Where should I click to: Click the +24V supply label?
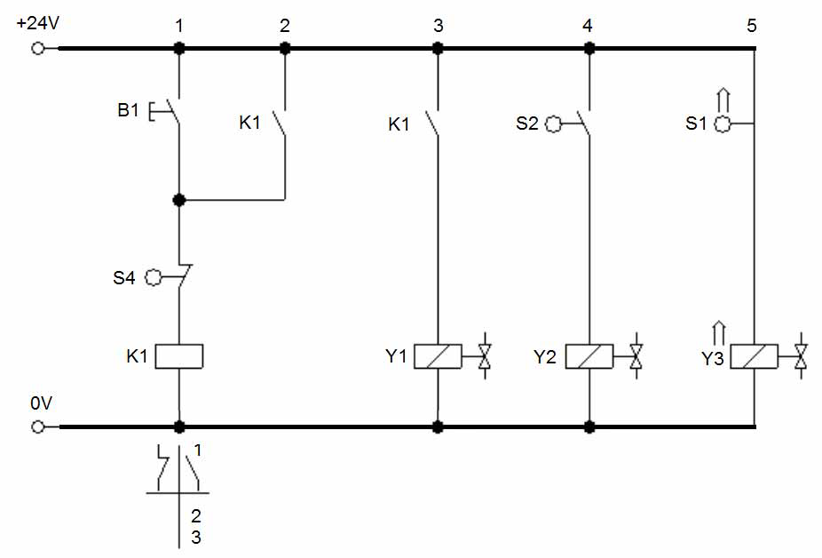click(x=38, y=24)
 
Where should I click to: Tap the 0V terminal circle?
click(x=38, y=426)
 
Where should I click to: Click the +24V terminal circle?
click(x=38, y=49)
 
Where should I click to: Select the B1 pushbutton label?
click(x=128, y=110)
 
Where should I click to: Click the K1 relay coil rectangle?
click(x=179, y=356)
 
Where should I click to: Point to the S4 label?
click(x=123, y=278)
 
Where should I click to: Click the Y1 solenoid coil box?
click(x=438, y=356)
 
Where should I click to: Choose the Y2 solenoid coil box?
click(x=589, y=356)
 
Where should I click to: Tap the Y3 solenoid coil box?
click(x=754, y=357)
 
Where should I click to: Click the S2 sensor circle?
click(x=554, y=124)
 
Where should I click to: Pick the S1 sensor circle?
click(x=723, y=124)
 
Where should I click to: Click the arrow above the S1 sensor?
click(x=723, y=100)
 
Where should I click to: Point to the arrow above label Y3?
click(x=719, y=333)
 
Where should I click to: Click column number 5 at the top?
click(x=752, y=25)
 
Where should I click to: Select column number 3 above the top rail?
click(x=439, y=25)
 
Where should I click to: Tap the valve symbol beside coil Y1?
click(x=485, y=356)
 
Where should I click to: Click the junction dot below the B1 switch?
click(x=179, y=200)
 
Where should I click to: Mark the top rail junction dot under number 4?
click(x=589, y=49)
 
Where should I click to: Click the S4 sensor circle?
click(x=153, y=278)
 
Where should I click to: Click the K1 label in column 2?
click(x=249, y=123)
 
